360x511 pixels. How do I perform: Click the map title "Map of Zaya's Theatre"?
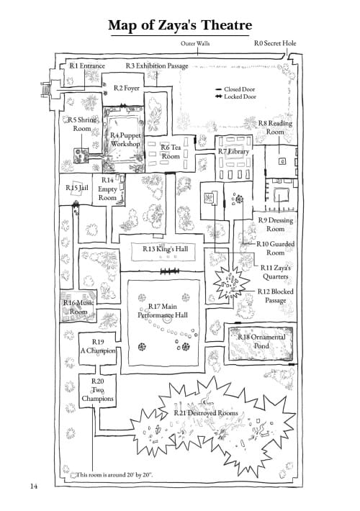180,25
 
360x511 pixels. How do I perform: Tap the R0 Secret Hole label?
275,43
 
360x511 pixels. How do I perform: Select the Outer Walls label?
195,43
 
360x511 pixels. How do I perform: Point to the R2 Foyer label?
127,88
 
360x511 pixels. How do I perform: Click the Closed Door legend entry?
235,89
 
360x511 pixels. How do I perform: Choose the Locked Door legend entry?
235,96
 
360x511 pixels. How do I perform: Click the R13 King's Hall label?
166,249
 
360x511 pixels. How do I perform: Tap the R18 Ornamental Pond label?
261,341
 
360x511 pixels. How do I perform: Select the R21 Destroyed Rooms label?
206,413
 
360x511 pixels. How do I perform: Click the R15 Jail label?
77,187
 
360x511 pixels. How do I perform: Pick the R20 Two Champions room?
97,390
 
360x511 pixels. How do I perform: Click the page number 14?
34,487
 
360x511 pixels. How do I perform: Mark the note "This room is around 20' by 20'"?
114,474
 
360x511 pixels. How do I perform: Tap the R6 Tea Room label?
171,152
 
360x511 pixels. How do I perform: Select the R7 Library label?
233,151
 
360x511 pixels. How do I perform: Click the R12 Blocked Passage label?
276,296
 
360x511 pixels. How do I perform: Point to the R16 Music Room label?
78,307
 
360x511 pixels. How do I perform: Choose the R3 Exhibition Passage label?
157,65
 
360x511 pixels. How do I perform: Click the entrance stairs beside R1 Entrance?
45,90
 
